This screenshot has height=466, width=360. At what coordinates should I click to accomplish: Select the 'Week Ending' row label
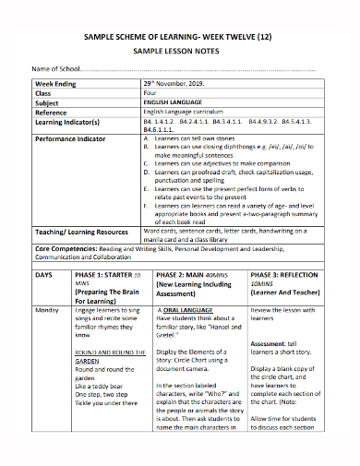(58, 84)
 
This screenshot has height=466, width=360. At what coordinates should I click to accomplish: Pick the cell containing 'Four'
(150, 93)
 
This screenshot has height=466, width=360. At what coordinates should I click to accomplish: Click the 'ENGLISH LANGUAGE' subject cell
(173, 102)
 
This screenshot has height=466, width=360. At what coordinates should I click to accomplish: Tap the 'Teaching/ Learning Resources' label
(81, 232)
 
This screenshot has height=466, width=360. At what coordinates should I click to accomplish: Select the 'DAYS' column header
(44, 276)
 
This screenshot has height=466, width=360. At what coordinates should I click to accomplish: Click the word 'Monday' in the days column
(47, 312)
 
